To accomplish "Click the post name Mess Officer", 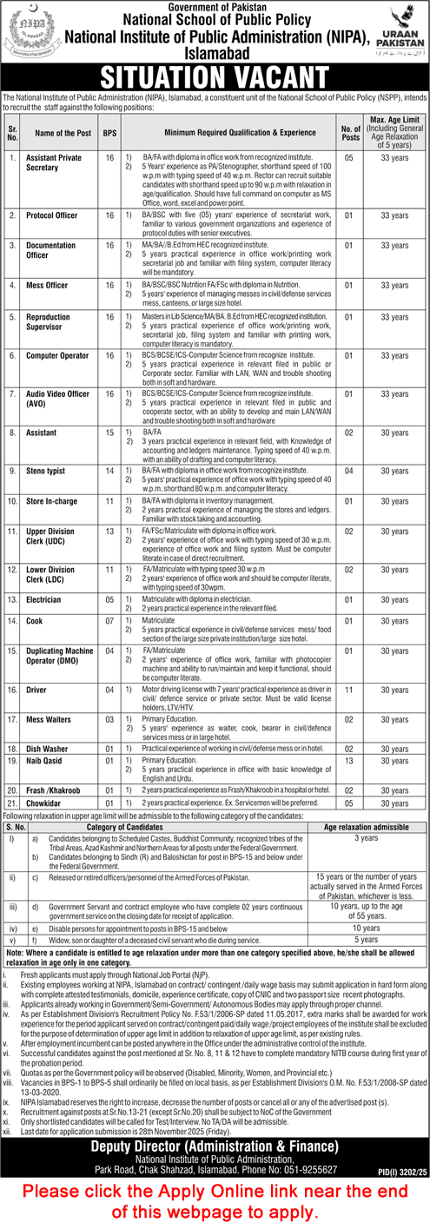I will [x=48, y=284].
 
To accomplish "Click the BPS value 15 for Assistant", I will [x=109, y=431].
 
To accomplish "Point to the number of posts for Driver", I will [x=349, y=689].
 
